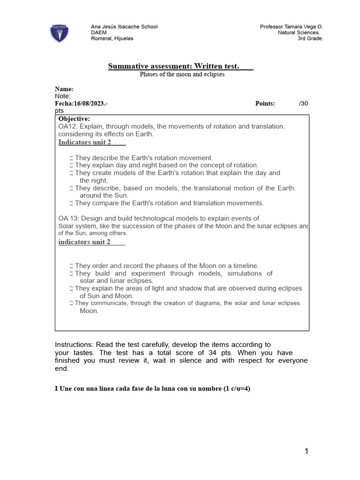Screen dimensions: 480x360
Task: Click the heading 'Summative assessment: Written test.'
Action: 174,67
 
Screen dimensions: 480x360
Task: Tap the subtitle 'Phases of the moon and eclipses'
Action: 182,75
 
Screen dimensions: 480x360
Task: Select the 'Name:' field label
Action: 64,89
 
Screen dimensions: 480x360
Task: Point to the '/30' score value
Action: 303,104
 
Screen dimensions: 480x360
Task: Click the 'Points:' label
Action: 265,104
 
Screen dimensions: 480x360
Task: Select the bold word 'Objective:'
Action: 74,119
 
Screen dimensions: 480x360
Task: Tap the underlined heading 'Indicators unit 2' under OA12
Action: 85,142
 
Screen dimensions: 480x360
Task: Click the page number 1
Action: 306,451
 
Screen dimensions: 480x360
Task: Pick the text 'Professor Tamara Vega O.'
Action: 292,27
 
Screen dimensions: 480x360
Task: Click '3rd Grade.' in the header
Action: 310,38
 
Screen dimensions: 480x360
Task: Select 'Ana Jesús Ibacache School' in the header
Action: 124,27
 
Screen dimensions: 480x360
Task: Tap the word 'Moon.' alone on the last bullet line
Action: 89,311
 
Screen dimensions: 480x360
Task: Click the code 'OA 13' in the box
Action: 68,218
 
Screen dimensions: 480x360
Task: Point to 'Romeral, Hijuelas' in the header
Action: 112,38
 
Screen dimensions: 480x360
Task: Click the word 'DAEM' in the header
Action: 98,33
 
